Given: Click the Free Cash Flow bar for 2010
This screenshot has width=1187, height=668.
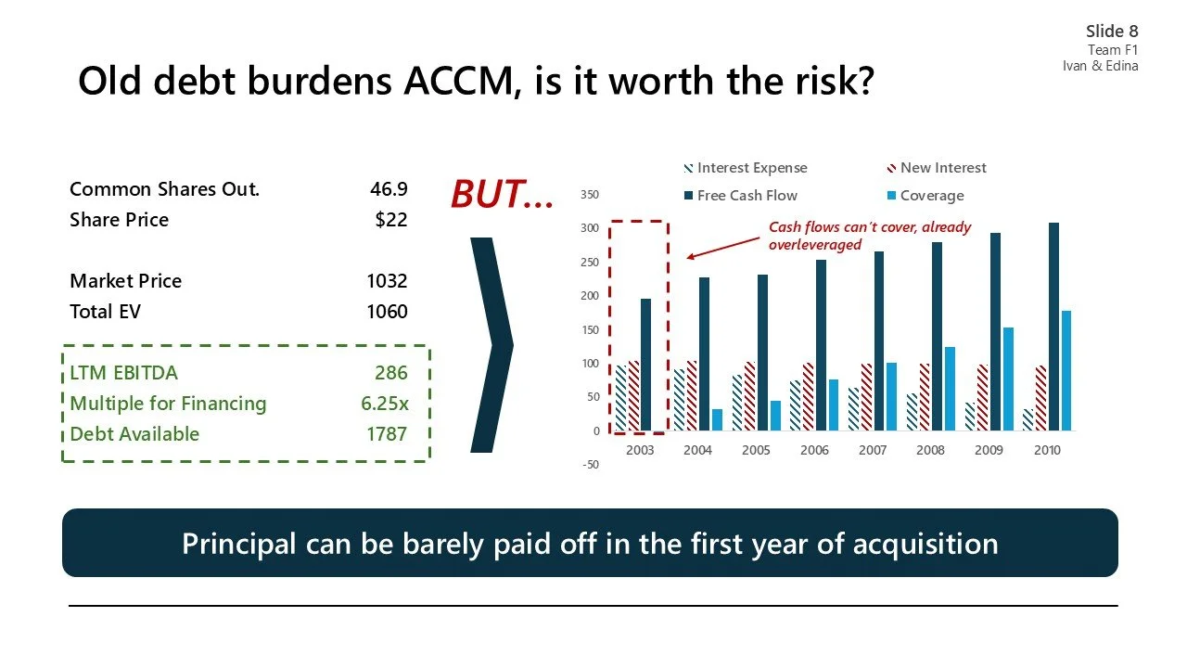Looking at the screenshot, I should (1053, 327).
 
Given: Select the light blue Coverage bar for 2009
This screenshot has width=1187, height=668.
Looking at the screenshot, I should (1008, 379).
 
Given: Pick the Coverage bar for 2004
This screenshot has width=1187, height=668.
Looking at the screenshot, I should (717, 419).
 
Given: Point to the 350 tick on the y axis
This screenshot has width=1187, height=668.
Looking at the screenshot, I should (590, 194).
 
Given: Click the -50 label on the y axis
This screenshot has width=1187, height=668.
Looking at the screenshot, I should (590, 465).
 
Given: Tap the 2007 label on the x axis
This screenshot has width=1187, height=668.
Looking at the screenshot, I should (872, 450).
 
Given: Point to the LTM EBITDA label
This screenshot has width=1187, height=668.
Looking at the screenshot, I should (123, 373).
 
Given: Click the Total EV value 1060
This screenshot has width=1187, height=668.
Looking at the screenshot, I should (387, 312).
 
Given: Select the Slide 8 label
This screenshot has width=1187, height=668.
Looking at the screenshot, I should (1112, 32).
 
